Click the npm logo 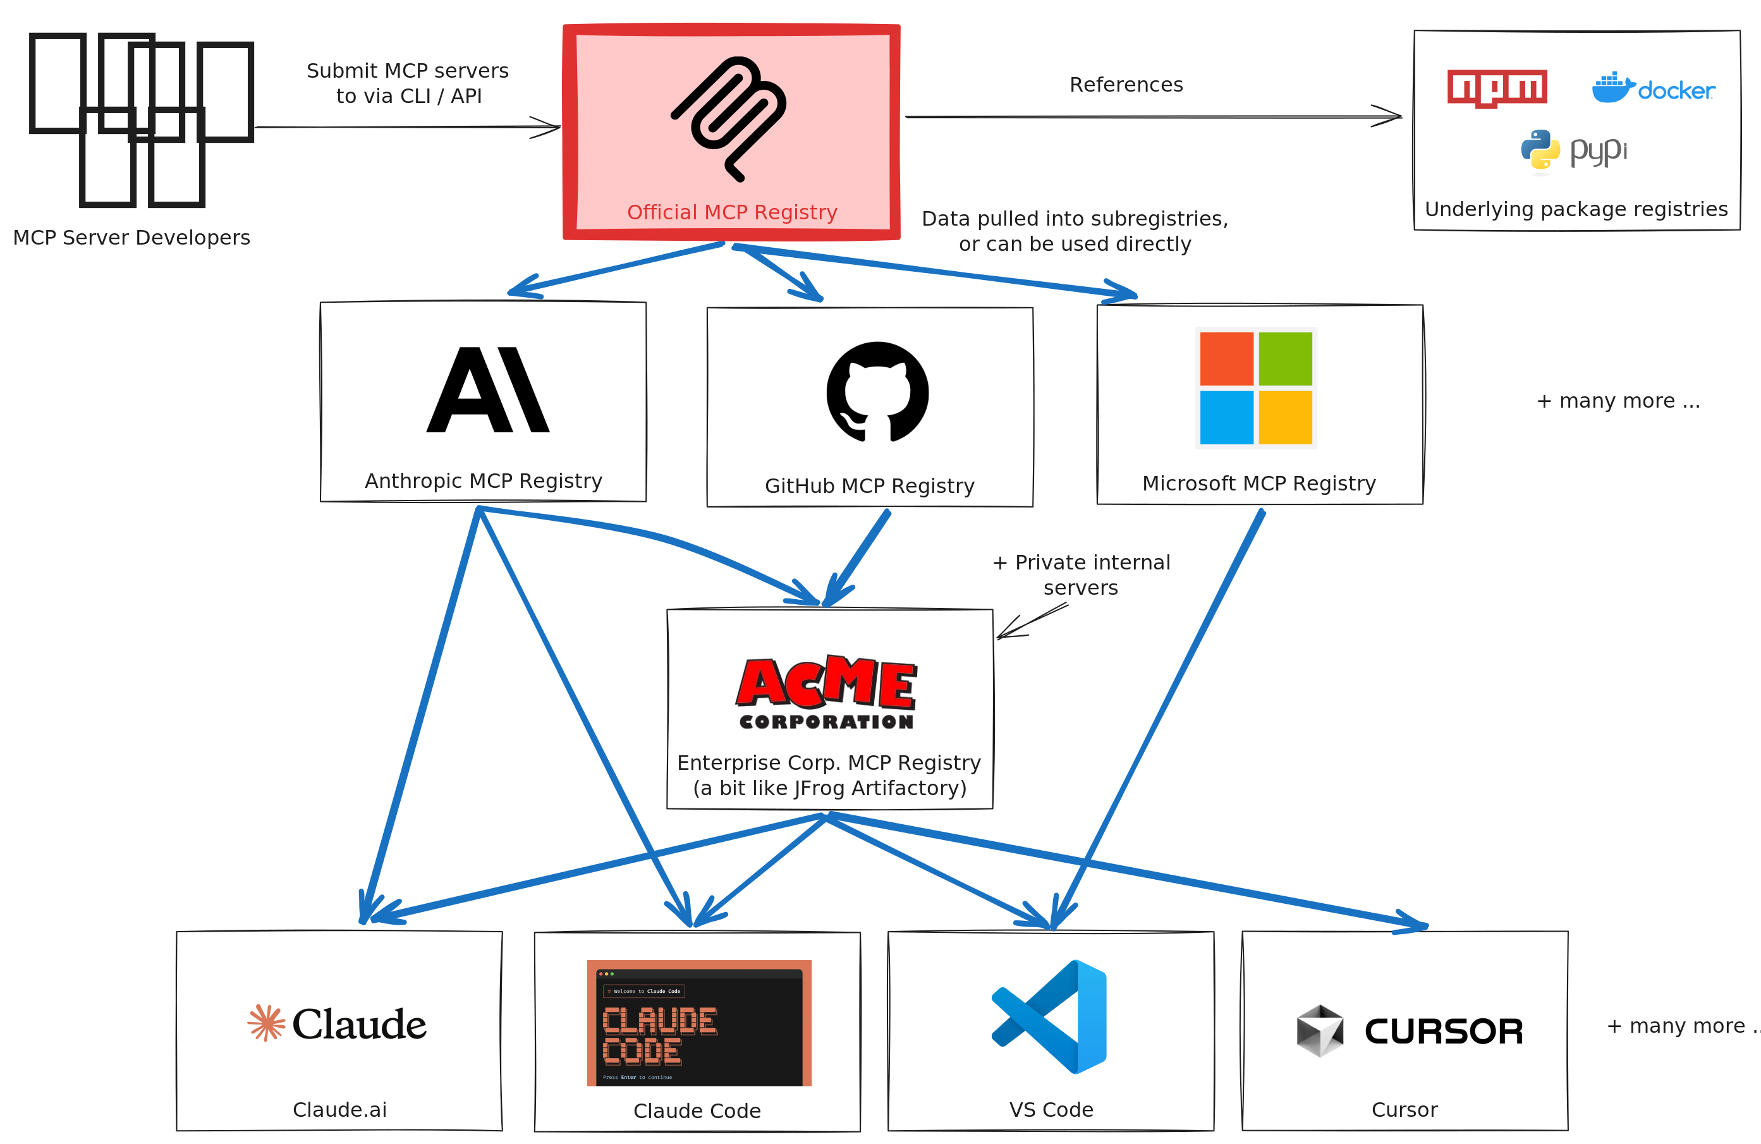point(1497,88)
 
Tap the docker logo point(1653,88)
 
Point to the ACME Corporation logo point(827,692)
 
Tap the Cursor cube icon point(1319,1030)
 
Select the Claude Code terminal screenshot point(698,1023)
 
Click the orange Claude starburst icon point(265,1023)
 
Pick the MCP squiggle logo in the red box point(729,117)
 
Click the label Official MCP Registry point(732,212)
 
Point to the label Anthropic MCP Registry point(483,481)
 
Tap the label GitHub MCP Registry point(869,486)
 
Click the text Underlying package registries point(1576,209)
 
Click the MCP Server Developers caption point(131,238)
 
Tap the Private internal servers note point(1081,575)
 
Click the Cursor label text point(1405,1110)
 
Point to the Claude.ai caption point(339,1110)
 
